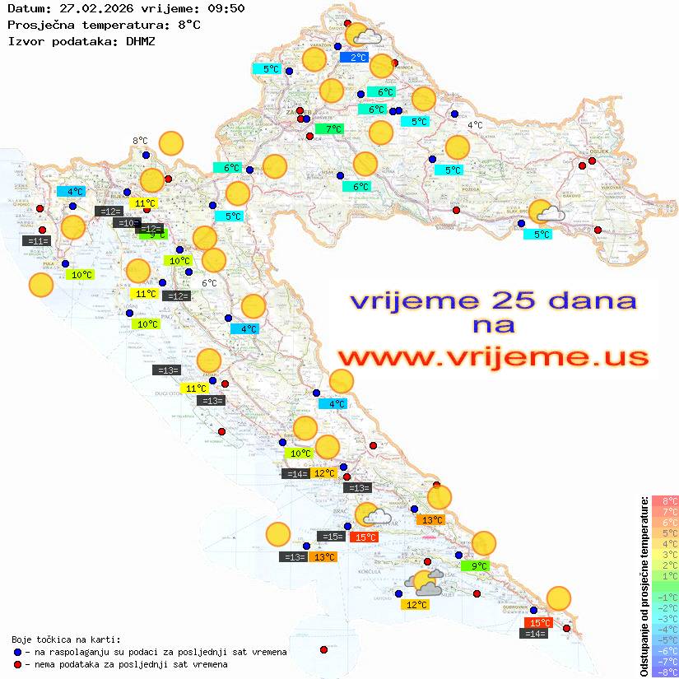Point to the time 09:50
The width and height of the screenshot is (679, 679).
tap(226, 9)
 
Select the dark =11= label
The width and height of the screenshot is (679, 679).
tap(38, 241)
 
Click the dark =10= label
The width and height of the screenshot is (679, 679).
tap(127, 223)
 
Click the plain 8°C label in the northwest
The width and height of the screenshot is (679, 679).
tap(140, 141)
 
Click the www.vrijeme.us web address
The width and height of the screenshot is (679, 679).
tap(492, 357)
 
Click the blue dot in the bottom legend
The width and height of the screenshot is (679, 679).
tap(17, 652)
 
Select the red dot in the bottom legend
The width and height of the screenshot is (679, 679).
tap(17, 664)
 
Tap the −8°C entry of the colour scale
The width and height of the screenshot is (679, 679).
tap(664, 672)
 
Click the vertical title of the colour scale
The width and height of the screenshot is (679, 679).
tap(644, 586)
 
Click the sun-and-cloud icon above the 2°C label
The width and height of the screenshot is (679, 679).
tap(361, 35)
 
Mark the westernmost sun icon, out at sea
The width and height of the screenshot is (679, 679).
tap(40, 285)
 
